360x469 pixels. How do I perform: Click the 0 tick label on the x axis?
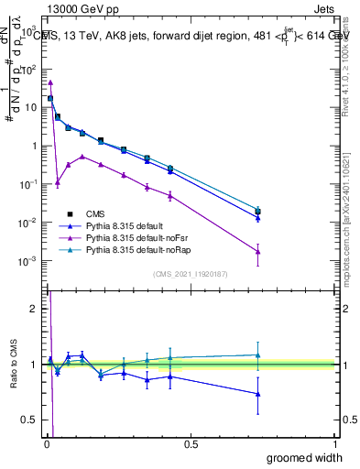pos(46,444)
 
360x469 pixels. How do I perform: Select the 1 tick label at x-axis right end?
pos(335,444)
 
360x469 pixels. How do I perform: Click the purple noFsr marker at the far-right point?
pos(258,252)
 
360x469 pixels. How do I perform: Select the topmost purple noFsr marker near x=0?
pos(50,82)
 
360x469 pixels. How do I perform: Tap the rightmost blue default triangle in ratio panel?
pos(258,394)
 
